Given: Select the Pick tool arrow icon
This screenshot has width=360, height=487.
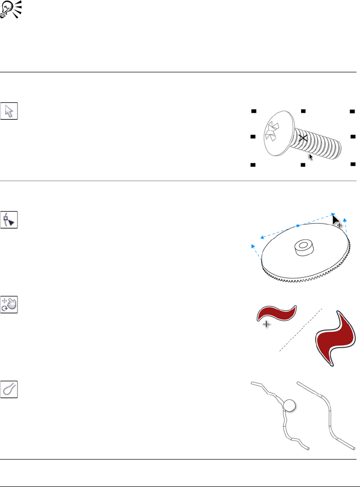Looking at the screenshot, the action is pyautogui.click(x=9, y=111).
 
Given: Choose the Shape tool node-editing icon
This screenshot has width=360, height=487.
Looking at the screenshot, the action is pyautogui.click(x=9, y=220).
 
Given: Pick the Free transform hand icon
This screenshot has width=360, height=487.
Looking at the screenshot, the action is pyautogui.click(x=9, y=304).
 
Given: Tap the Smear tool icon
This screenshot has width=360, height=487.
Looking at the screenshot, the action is pyautogui.click(x=9, y=390).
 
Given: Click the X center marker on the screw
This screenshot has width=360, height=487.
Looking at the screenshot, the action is pyautogui.click(x=303, y=138).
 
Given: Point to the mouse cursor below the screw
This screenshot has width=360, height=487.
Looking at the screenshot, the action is pyautogui.click(x=311, y=157).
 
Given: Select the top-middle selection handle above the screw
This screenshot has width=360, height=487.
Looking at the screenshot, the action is pyautogui.click(x=303, y=110).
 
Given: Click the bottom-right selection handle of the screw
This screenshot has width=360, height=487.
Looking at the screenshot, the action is pyautogui.click(x=353, y=164).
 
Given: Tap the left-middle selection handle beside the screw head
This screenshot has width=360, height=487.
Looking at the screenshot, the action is pyautogui.click(x=253, y=136).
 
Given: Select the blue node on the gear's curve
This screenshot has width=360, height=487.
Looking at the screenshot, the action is pyautogui.click(x=298, y=226).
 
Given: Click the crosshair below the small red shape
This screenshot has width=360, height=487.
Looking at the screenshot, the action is pyautogui.click(x=267, y=324).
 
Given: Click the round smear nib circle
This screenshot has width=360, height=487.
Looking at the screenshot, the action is pyautogui.click(x=289, y=405).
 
